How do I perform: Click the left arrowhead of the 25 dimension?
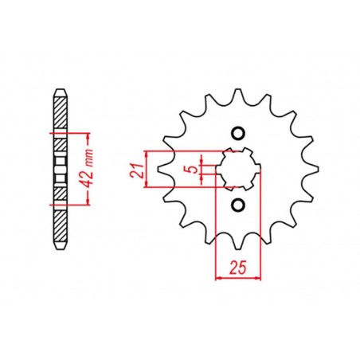[x=219, y=278]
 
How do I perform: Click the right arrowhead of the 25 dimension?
[x=259, y=278]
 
